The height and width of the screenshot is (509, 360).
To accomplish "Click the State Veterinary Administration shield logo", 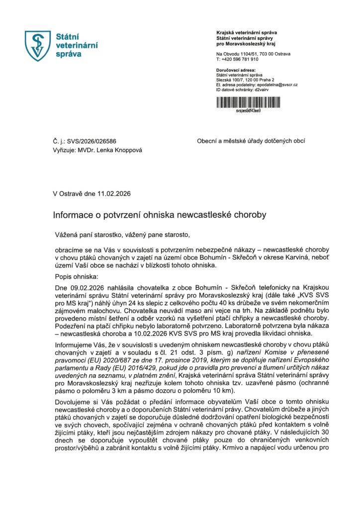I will (38, 44).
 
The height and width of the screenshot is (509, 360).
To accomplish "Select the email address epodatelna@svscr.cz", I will (279, 85).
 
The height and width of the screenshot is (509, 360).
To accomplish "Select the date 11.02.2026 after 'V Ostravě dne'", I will (115, 193).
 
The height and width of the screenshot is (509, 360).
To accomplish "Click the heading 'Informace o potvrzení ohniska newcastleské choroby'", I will (160, 215).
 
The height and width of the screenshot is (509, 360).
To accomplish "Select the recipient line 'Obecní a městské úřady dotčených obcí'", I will (251, 141).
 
